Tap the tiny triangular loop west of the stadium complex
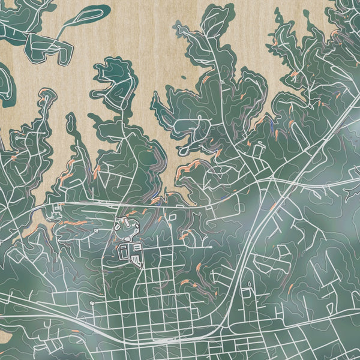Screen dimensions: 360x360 (58, 208)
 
